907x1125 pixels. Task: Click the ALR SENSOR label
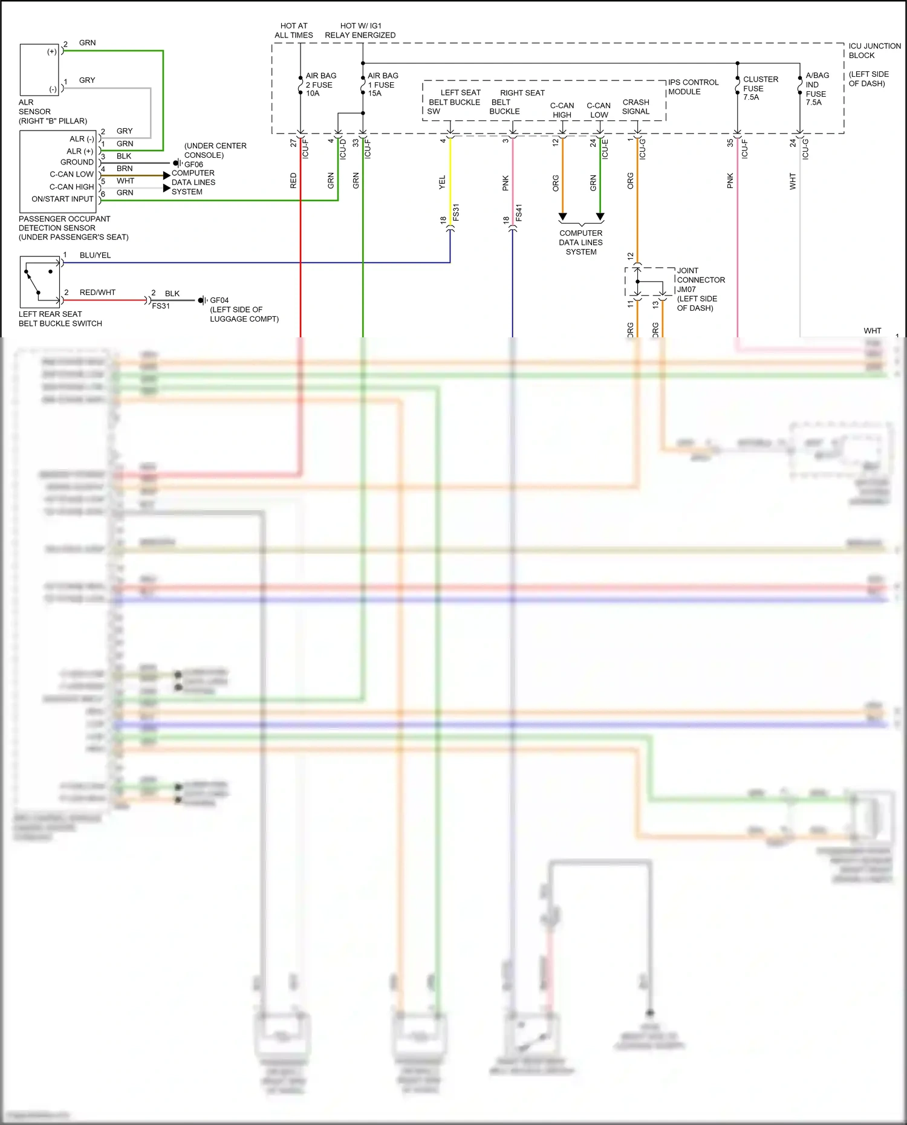point(34,107)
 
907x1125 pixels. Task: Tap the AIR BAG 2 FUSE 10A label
point(320,85)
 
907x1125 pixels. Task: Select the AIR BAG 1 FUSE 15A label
point(383,85)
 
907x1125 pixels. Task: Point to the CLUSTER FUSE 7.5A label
point(760,88)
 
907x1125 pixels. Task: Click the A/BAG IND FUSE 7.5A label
point(817,89)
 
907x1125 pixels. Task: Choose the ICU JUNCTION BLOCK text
point(874,51)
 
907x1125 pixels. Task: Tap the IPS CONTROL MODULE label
point(693,87)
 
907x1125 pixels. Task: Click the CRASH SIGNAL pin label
point(636,107)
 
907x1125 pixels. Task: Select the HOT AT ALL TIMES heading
point(294,30)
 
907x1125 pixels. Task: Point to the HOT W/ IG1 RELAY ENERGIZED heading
point(360,30)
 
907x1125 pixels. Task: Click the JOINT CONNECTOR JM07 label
point(700,280)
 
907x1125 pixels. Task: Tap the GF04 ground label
point(219,300)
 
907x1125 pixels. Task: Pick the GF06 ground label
point(193,164)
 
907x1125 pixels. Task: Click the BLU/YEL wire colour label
point(95,255)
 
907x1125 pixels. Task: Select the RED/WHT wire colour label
point(97,293)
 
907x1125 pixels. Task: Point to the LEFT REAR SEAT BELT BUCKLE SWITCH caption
point(60,319)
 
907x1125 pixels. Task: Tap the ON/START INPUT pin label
point(62,199)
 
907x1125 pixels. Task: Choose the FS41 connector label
point(519,213)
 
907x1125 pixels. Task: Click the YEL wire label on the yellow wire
point(442,183)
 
